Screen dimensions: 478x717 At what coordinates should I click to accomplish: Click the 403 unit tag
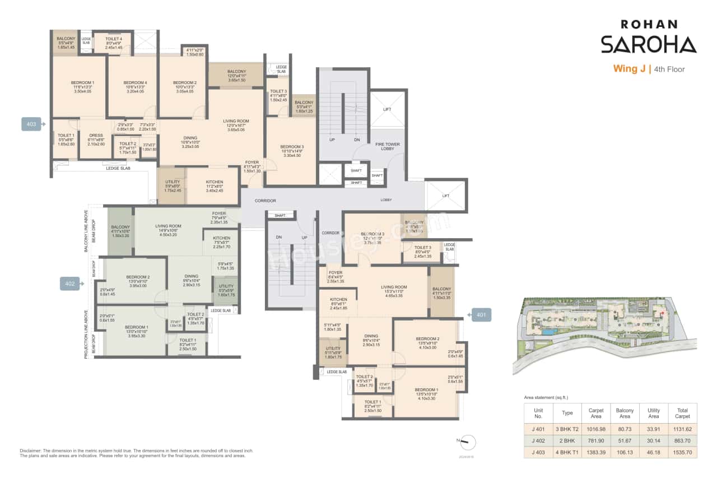31,124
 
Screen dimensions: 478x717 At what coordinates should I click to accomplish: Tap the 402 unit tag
70,284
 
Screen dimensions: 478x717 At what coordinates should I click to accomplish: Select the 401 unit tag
481,315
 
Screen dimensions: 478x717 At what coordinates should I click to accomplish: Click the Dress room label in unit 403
96,135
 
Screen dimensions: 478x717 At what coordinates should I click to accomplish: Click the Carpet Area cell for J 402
595,440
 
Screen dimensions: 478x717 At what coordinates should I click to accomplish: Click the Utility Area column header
653,413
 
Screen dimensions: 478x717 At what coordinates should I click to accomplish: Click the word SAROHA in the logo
649,44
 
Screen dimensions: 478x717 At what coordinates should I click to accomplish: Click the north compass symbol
469,442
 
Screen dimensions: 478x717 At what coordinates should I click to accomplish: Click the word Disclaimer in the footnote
31,451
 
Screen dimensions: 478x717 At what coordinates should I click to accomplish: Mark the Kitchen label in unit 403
214,182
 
